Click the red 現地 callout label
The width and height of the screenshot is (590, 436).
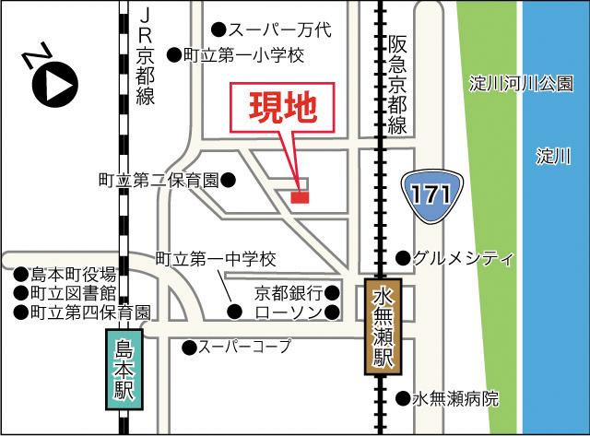[x=285, y=109]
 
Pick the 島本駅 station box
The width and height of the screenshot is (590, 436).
[x=124, y=370]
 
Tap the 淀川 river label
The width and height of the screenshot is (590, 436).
[x=553, y=157]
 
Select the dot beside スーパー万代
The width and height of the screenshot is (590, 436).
[x=218, y=29]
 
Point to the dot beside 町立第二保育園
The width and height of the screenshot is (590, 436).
[x=228, y=178]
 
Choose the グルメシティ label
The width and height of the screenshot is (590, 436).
[x=463, y=257]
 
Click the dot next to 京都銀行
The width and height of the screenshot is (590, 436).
[x=332, y=294]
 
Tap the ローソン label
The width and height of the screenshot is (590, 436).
[x=288, y=314]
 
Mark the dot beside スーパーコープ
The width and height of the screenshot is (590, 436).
[x=188, y=348]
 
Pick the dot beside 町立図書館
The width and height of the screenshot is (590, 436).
[x=19, y=293]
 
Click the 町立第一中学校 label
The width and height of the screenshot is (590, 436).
[x=215, y=259]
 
